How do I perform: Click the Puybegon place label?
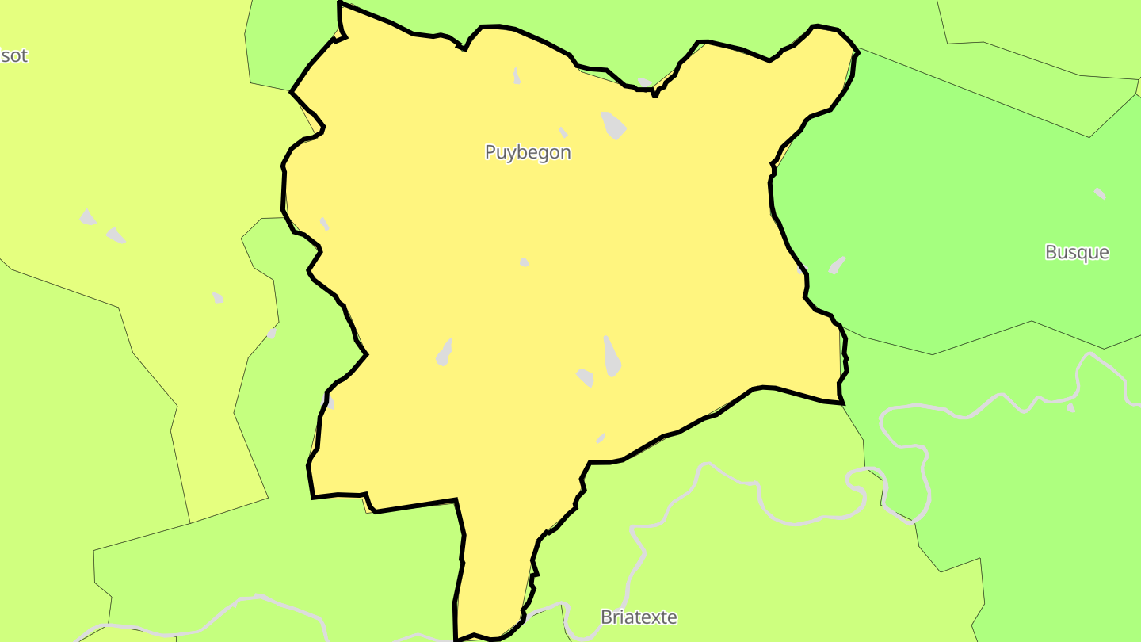(528, 152)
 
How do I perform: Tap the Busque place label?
(1077, 252)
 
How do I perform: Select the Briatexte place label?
(639, 617)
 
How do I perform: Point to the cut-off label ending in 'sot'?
(13, 55)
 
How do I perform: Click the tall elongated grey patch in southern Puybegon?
(611, 356)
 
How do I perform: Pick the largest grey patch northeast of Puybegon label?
(613, 125)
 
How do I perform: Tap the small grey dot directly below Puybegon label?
(524, 262)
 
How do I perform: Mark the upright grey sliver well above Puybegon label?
(517, 76)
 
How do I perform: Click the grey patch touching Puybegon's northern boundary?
(645, 82)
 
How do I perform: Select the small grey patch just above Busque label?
(1100, 193)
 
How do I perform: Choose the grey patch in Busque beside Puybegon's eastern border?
(837, 265)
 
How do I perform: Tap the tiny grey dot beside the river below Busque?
(1070, 407)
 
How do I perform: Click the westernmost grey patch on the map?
(87, 217)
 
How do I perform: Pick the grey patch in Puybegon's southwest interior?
(445, 353)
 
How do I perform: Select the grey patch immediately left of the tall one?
(586, 377)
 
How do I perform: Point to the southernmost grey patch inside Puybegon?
(601, 438)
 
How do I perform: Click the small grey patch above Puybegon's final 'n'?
(563, 132)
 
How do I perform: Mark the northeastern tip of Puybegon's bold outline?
(857, 52)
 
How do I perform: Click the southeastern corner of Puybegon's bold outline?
(842, 403)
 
